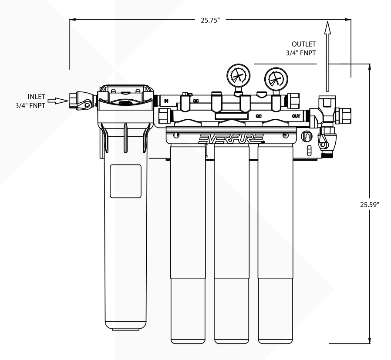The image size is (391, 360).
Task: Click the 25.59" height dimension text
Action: [x=370, y=204]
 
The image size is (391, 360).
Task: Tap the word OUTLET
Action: [x=304, y=44]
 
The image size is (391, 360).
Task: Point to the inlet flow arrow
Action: [x=57, y=101]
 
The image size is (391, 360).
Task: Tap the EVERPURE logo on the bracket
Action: [x=230, y=138]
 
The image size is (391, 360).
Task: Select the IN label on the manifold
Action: [x=166, y=101]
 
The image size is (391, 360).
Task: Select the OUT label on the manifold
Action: [x=296, y=116]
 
